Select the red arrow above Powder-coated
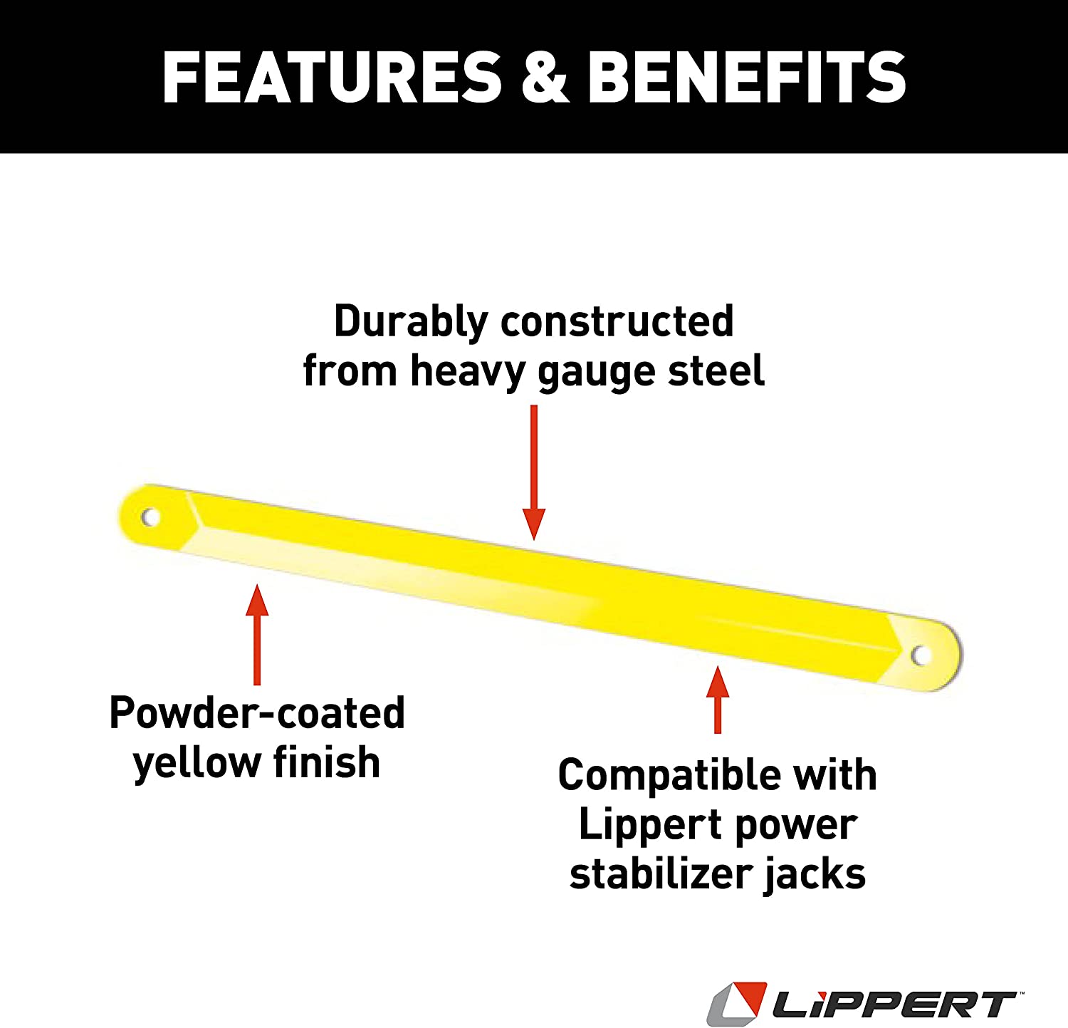tap(257, 634)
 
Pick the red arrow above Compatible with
tap(718, 699)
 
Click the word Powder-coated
tap(257, 712)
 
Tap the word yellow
tap(197, 763)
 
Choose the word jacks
tap(815, 876)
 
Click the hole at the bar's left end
tap(150, 516)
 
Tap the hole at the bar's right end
tap(920, 655)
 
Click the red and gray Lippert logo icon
tap(737, 1004)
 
